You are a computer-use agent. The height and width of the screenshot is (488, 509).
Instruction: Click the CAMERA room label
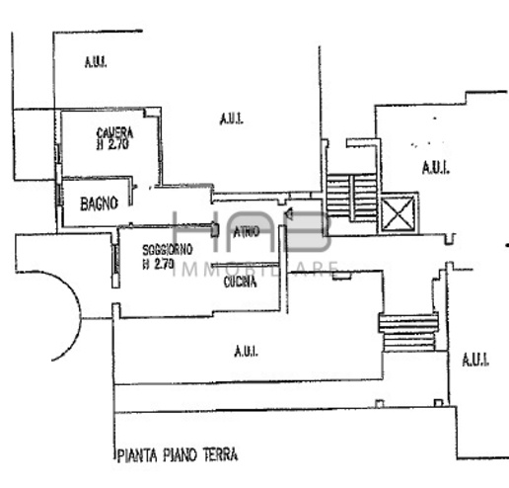(114, 133)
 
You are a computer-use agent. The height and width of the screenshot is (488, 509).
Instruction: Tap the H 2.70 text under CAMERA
(112, 144)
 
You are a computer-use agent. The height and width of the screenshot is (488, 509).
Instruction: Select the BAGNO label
(99, 203)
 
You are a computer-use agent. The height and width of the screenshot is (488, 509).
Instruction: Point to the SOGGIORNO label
(168, 250)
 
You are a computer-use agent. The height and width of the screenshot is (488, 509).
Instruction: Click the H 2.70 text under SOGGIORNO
(158, 264)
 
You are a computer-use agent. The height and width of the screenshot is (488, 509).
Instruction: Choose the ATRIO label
(247, 232)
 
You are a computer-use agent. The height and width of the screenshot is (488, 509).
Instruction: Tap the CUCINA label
(240, 283)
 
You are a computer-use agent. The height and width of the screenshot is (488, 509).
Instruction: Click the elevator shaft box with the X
(399, 213)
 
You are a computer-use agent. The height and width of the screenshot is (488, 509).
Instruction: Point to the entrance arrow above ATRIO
(289, 214)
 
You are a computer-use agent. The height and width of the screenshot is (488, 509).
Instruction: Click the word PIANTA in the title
(137, 456)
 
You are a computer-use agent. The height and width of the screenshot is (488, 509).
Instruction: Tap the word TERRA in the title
(220, 454)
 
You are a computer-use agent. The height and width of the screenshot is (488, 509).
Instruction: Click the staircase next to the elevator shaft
(351, 198)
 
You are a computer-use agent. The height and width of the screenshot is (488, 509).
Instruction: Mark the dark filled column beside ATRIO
(215, 230)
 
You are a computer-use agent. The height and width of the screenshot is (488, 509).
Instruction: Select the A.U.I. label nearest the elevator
(436, 168)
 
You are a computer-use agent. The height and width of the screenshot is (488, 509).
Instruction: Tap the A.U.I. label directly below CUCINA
(246, 352)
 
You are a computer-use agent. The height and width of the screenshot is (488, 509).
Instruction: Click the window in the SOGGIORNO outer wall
(115, 259)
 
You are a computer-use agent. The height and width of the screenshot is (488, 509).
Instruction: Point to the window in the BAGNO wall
(59, 195)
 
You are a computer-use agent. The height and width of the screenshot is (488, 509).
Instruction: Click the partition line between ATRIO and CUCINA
(245, 265)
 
